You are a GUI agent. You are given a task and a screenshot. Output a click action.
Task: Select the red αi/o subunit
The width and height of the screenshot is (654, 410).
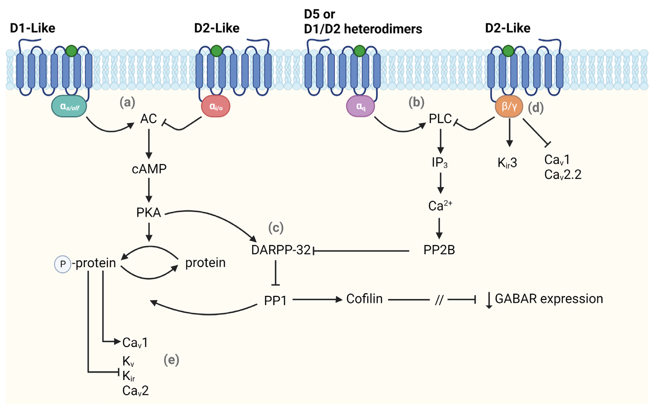[x=216, y=106]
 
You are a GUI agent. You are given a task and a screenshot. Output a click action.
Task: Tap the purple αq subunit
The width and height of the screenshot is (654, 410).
[x=360, y=106]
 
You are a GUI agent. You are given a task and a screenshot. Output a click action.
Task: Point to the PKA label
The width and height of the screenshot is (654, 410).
[x=149, y=213]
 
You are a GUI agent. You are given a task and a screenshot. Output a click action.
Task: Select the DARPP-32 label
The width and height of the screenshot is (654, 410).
[x=281, y=250]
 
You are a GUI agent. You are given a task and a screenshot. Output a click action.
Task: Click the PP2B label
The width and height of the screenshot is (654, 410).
[x=439, y=250]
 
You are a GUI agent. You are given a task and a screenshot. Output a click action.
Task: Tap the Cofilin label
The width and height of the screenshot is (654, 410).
[x=364, y=299]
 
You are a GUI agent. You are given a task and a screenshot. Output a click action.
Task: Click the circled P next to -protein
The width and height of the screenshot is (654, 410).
[x=63, y=264]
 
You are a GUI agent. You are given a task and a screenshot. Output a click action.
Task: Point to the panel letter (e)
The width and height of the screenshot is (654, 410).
[x=171, y=360]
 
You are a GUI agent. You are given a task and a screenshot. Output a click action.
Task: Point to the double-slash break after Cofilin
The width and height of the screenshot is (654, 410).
[x=439, y=300]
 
